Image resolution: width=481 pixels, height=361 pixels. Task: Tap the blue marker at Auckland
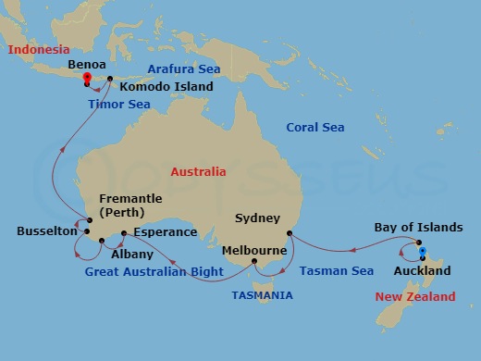point(422,251)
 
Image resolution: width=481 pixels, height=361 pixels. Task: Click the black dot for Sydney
point(290,233)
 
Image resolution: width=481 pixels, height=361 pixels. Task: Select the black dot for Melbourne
point(254,262)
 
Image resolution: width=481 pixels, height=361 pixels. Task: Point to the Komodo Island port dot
point(110,79)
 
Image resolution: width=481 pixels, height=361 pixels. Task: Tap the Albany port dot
point(101,242)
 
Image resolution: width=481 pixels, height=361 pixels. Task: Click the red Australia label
point(198,171)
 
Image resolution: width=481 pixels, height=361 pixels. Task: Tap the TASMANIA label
point(262,295)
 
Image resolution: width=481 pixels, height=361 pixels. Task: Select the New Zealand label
point(415,297)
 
